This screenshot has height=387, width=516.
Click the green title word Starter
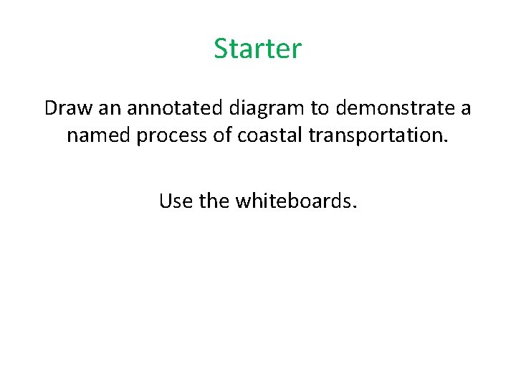258,49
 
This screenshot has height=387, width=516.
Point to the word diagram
267,109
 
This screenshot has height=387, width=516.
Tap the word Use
176,201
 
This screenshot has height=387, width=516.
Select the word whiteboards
293,201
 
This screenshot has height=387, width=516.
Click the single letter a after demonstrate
466,109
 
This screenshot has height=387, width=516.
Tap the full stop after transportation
446,141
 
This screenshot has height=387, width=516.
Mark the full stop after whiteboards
354,207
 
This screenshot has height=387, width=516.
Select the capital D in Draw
50,108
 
